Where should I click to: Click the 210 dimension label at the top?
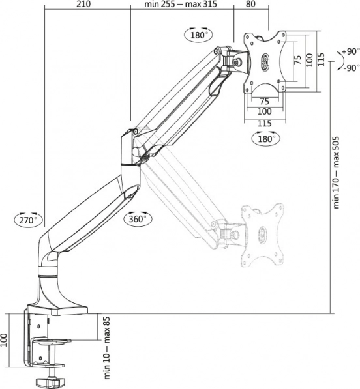pyautogui.click(x=83, y=4)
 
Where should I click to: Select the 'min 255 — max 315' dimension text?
pyautogui.click(x=181, y=4)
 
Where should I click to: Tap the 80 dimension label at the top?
pyautogui.click(x=250, y=4)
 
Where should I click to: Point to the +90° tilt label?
pyautogui.click(x=351, y=51)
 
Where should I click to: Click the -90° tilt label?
pyautogui.click(x=352, y=68)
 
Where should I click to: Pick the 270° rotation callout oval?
pyautogui.click(x=29, y=220)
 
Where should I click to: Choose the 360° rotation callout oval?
pyautogui.click(x=138, y=219)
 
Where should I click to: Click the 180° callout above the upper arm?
pyautogui.click(x=199, y=35)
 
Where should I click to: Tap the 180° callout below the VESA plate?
pyautogui.click(x=266, y=139)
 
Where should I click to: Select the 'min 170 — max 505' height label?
pyautogui.click(x=336, y=173)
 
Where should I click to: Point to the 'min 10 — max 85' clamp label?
pyautogui.click(x=106, y=351)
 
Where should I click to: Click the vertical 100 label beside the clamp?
pyautogui.click(x=4, y=340)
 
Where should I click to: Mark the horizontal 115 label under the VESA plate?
pyautogui.click(x=264, y=123)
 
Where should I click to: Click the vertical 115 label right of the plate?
pyautogui.click(x=321, y=59)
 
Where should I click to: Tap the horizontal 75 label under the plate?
pyautogui.click(x=265, y=102)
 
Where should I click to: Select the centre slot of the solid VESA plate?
pyautogui.click(x=264, y=63)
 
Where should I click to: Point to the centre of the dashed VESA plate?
pyautogui.click(x=262, y=235)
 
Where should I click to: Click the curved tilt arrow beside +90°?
pyautogui.click(x=339, y=60)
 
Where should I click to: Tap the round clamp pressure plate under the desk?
pyautogui.click(x=52, y=341)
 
